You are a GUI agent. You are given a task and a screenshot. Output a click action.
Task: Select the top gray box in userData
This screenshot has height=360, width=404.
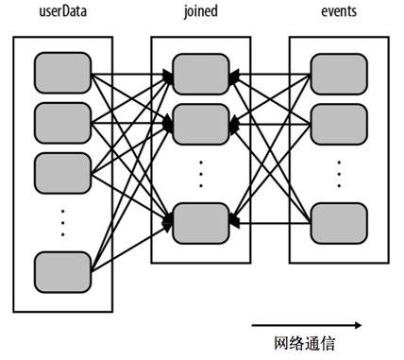pyautogui.click(x=62, y=72)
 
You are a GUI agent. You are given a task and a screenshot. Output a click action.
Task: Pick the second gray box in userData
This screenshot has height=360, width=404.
pyautogui.click(x=62, y=121)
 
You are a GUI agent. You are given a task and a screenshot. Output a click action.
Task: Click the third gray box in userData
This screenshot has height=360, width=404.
pyautogui.click(x=62, y=170)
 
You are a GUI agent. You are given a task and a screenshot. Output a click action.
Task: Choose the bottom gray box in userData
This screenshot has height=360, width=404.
pyautogui.click(x=62, y=270)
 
